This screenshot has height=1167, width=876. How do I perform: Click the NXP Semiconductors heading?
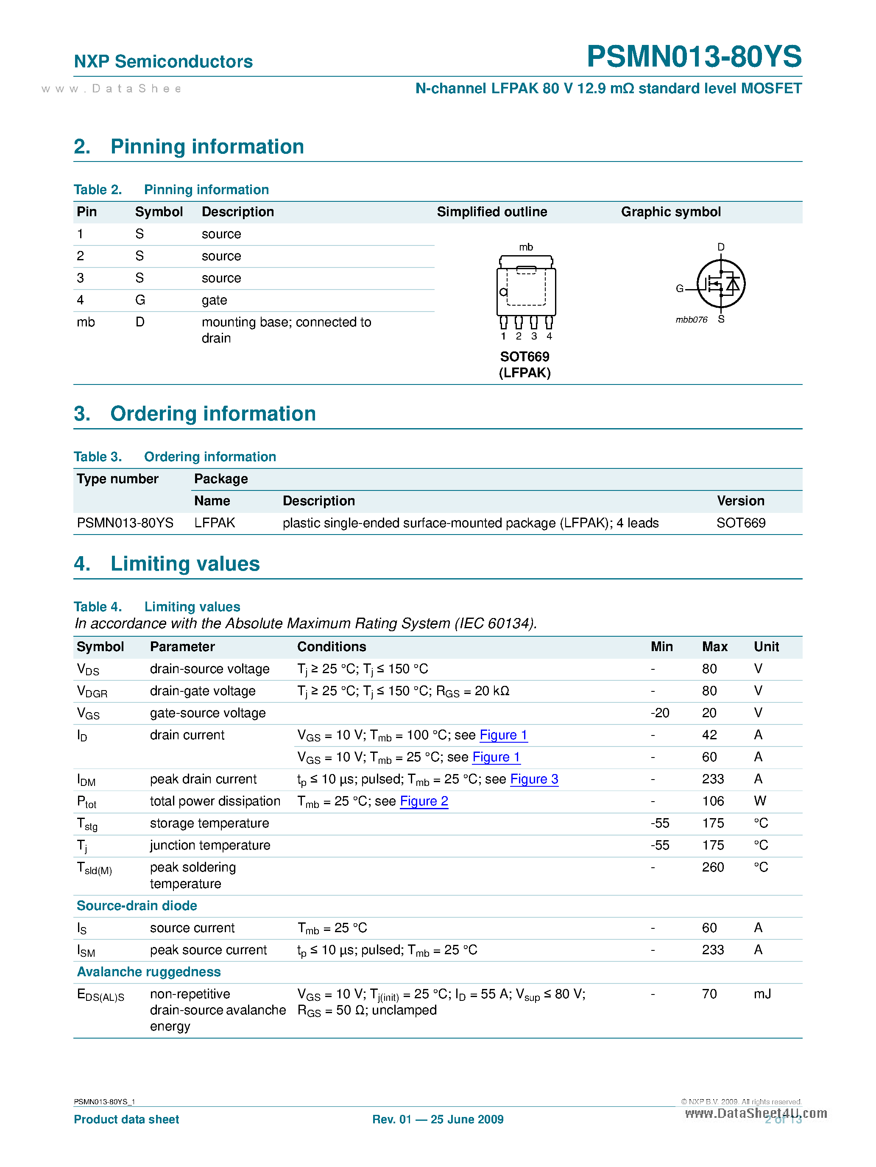(x=163, y=62)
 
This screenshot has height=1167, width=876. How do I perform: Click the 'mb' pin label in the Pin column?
(x=86, y=322)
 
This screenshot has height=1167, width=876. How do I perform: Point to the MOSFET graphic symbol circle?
(x=720, y=284)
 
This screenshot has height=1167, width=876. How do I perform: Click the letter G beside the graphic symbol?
(x=680, y=289)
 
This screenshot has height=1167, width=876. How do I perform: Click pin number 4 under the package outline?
(x=550, y=336)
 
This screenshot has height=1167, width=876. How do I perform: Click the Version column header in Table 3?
(x=740, y=501)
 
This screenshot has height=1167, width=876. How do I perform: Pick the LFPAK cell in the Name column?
(x=214, y=523)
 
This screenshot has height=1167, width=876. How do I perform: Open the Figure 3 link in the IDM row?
(x=534, y=779)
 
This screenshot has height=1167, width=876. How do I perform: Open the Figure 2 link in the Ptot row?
(x=424, y=802)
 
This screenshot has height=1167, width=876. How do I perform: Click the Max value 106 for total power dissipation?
(x=712, y=802)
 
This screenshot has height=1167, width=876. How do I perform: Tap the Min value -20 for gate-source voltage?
(x=660, y=713)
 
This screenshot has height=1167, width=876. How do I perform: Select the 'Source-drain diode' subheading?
(x=137, y=906)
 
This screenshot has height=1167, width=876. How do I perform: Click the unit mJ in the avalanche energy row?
(x=762, y=994)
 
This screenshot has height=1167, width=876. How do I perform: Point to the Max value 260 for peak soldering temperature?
(x=712, y=867)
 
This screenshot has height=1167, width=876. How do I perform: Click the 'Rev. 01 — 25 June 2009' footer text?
(x=438, y=1120)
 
